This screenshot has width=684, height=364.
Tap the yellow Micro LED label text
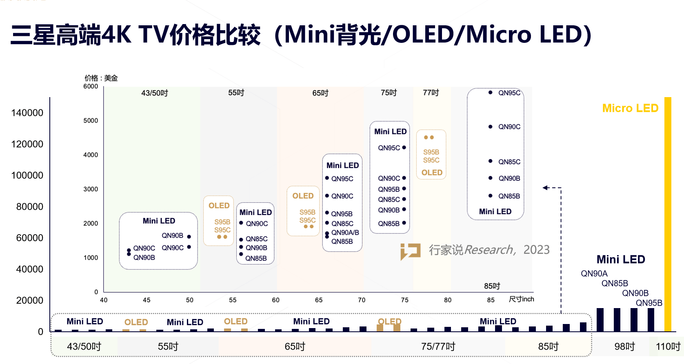click(x=630, y=108)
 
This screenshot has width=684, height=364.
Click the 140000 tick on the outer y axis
click(x=27, y=113)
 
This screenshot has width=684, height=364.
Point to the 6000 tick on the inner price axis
click(x=91, y=87)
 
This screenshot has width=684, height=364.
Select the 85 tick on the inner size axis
click(x=491, y=300)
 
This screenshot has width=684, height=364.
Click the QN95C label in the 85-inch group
click(x=509, y=93)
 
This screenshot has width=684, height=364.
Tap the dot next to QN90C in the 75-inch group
click(x=404, y=178)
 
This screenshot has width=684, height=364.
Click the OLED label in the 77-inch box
click(x=432, y=173)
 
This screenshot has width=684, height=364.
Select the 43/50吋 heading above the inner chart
click(x=154, y=93)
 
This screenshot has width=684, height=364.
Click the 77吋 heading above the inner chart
click(x=431, y=93)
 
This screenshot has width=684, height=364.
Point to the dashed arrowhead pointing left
click(x=545, y=188)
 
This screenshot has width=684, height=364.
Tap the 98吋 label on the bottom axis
click(x=624, y=346)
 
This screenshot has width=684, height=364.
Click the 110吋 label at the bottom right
click(x=668, y=346)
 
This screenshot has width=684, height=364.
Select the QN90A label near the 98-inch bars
click(x=594, y=273)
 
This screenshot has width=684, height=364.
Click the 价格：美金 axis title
click(x=101, y=78)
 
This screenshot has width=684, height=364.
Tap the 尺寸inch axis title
click(x=521, y=299)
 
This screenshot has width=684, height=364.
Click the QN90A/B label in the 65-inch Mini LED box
click(x=345, y=233)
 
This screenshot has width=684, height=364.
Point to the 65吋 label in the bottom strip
click(x=295, y=346)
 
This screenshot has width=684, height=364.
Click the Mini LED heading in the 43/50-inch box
click(x=159, y=221)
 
